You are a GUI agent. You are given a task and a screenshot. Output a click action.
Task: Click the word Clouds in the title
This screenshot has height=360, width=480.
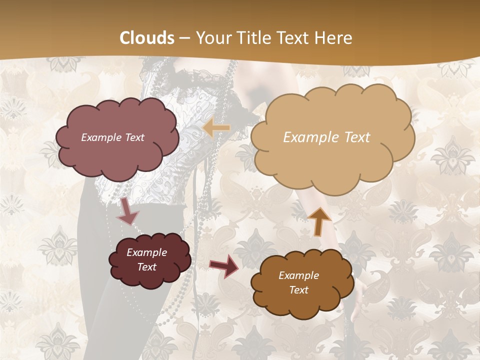(147, 38)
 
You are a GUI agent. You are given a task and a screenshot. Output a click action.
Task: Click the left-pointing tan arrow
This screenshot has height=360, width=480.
(216, 128)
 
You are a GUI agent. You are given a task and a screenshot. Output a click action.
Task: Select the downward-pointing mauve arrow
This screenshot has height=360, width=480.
(127, 212)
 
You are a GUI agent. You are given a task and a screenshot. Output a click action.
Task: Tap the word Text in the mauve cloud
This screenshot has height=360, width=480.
(134, 137)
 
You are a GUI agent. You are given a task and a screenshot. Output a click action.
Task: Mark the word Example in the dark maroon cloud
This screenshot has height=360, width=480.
(146, 252)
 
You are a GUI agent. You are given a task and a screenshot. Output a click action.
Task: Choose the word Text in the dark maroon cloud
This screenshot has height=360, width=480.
(146, 267)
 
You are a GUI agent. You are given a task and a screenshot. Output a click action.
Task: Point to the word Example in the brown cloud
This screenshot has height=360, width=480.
(298, 275)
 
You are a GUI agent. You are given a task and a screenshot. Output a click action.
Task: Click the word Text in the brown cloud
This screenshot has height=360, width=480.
(298, 290)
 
